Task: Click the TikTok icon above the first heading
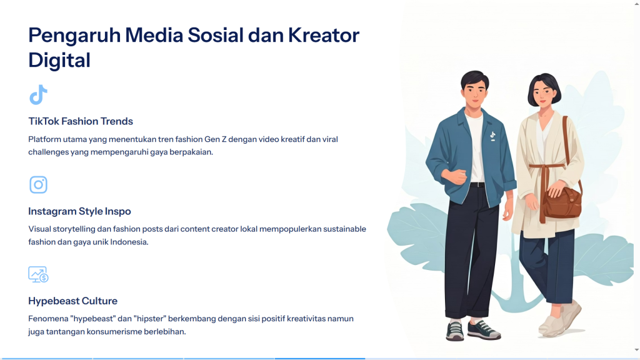click(x=38, y=95)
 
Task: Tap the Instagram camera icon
click(x=38, y=184)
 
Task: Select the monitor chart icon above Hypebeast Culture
click(x=38, y=274)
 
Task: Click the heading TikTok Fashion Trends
click(x=81, y=121)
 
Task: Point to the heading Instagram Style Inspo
click(x=79, y=211)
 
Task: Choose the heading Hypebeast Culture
click(x=72, y=301)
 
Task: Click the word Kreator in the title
click(x=324, y=35)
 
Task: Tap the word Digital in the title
click(x=59, y=61)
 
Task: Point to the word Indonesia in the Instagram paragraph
click(x=129, y=242)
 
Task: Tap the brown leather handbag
click(x=562, y=202)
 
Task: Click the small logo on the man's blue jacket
click(x=492, y=136)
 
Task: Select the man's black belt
click(x=477, y=185)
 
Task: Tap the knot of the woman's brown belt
click(x=544, y=167)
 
